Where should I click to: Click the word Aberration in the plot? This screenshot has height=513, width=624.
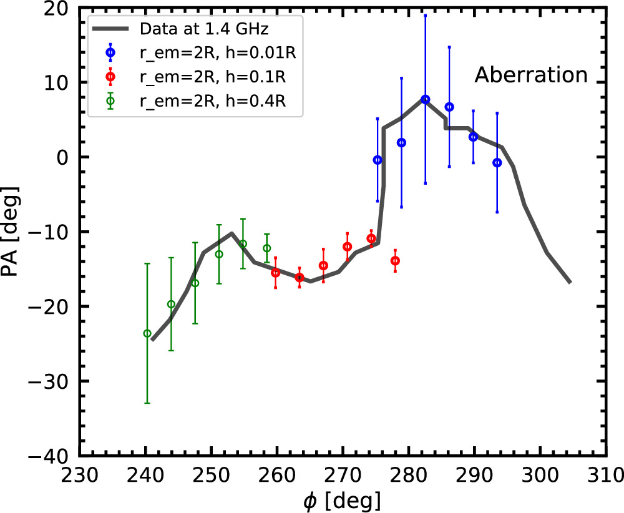[531, 76]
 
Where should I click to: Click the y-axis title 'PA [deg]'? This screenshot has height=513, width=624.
[14, 232]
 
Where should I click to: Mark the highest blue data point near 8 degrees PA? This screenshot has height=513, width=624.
[426, 99]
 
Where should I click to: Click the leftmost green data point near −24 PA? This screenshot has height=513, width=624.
[147, 333]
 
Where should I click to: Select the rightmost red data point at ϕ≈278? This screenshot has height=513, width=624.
[395, 261]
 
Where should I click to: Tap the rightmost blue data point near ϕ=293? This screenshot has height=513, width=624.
[497, 162]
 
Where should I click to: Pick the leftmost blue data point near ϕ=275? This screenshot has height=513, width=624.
[378, 160]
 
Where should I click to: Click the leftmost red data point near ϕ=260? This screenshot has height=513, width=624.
[275, 273]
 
